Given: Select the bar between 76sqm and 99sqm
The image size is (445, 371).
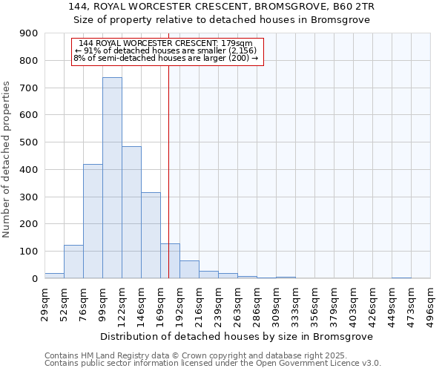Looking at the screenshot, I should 93,221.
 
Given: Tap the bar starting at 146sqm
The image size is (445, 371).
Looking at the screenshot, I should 151,235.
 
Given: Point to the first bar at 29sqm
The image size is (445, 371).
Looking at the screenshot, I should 54,275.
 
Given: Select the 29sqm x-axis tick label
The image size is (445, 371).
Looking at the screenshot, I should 45,301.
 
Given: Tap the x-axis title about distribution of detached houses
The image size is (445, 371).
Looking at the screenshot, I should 237,336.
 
